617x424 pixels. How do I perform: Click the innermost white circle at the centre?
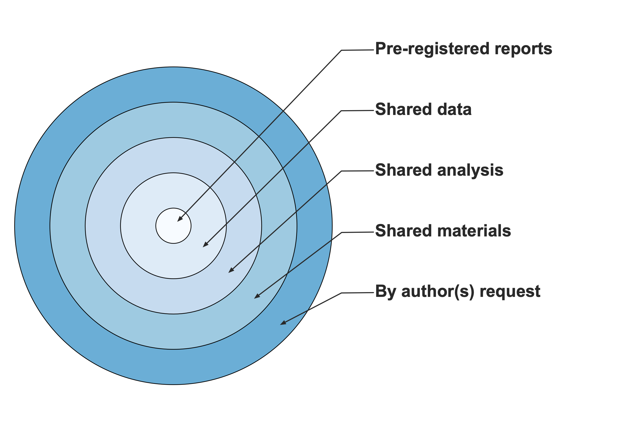[173, 226]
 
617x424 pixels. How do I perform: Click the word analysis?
[470, 170]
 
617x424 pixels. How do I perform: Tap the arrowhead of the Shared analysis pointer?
[231, 270]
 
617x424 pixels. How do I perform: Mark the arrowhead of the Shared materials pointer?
[257, 296]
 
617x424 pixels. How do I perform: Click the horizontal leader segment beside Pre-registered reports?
[358, 50]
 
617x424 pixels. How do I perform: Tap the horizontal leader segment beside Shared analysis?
[358, 171]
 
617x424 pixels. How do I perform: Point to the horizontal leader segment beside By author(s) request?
[358, 293]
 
